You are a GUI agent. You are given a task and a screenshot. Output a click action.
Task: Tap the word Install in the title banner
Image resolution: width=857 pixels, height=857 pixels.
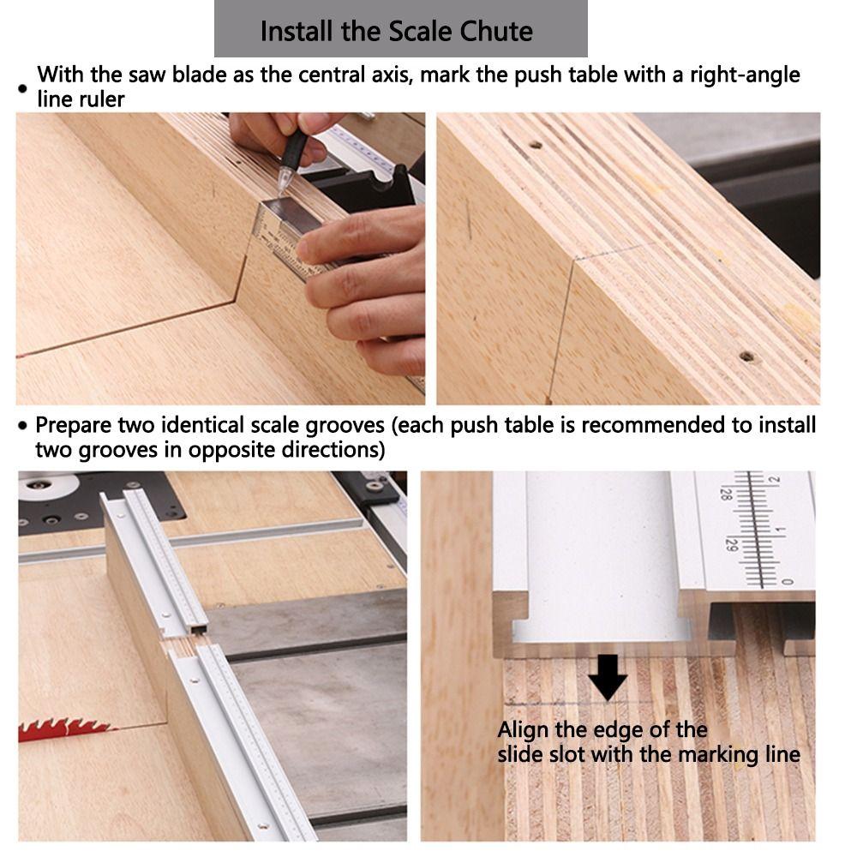297,32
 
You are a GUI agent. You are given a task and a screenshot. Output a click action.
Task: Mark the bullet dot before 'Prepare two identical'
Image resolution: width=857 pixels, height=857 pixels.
23,426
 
